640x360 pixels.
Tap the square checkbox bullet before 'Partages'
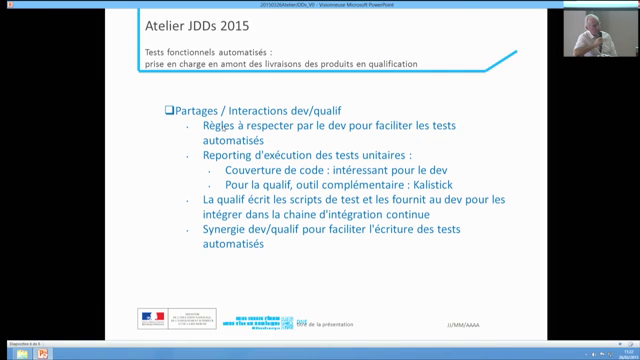pyautogui.click(x=169, y=109)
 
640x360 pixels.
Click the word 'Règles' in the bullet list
pyautogui.click(x=217, y=127)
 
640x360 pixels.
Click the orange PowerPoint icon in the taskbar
pyautogui.click(x=42, y=353)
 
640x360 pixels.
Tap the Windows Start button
pyautogui.click(x=8, y=353)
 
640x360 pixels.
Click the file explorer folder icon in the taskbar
pyautogui.click(x=25, y=353)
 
